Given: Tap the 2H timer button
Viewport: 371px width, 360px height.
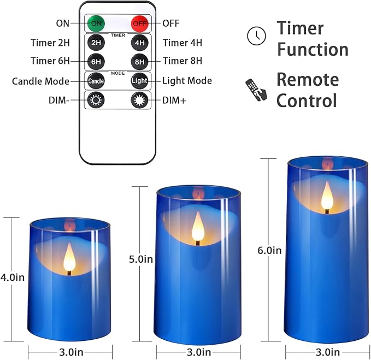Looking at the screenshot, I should pyautogui.click(x=96, y=43).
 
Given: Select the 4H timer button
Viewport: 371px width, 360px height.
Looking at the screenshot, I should pyautogui.click(x=139, y=43).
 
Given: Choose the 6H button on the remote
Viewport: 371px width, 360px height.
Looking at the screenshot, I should pyautogui.click(x=96, y=62).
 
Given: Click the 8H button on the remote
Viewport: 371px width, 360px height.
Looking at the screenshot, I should pyautogui.click(x=139, y=62).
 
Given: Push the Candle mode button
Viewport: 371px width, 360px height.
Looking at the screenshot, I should pyautogui.click(x=96, y=81).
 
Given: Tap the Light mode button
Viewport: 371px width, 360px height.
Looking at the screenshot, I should pyautogui.click(x=139, y=81).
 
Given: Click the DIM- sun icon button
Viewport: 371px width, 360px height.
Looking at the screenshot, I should pyautogui.click(x=96, y=101).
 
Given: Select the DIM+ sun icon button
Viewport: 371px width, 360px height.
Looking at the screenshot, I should pyautogui.click(x=139, y=101).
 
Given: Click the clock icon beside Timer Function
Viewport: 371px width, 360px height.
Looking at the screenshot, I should pyautogui.click(x=255, y=36).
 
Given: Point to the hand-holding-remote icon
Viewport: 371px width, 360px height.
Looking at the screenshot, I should pyautogui.click(x=256, y=89).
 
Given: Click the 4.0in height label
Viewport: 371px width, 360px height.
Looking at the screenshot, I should pyautogui.click(x=13, y=277).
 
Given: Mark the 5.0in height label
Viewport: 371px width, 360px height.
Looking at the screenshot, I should pyautogui.click(x=140, y=259).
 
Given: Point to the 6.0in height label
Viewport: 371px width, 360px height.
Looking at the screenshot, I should pyautogui.click(x=269, y=250).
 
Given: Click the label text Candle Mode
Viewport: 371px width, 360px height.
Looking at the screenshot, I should pyautogui.click(x=40, y=81).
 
